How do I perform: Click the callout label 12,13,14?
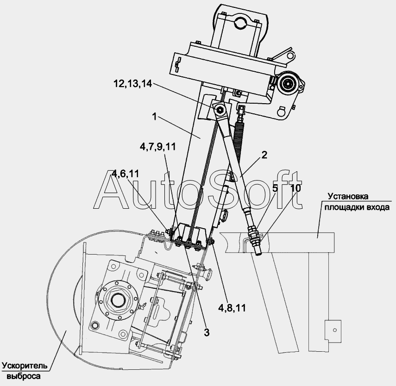132,83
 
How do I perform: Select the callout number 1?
155,117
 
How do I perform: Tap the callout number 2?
264,155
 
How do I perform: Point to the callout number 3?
207,333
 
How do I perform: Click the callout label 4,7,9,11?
158,147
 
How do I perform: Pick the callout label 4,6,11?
126,174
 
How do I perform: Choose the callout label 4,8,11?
232,308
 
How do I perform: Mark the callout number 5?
275,188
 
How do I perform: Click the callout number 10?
296,188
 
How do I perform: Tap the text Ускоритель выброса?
25,371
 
